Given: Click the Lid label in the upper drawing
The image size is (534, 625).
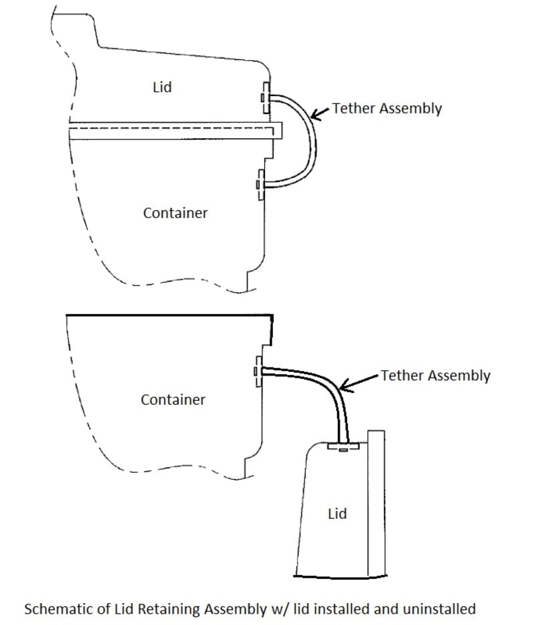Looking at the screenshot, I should click(x=162, y=87).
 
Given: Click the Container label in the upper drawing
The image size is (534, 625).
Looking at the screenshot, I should click(x=175, y=213).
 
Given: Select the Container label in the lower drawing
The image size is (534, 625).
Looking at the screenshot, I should click(x=173, y=400).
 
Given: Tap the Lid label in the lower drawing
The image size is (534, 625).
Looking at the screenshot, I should click(x=337, y=514).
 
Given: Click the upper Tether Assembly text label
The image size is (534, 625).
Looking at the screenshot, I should click(x=386, y=109).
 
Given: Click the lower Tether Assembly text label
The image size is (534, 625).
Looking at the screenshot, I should click(x=435, y=376).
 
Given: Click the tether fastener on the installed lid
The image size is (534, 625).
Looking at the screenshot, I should click(x=265, y=98).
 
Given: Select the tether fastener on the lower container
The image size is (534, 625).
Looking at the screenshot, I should click(x=257, y=371).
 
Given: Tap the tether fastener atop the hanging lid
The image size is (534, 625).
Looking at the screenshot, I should click(x=343, y=446).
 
